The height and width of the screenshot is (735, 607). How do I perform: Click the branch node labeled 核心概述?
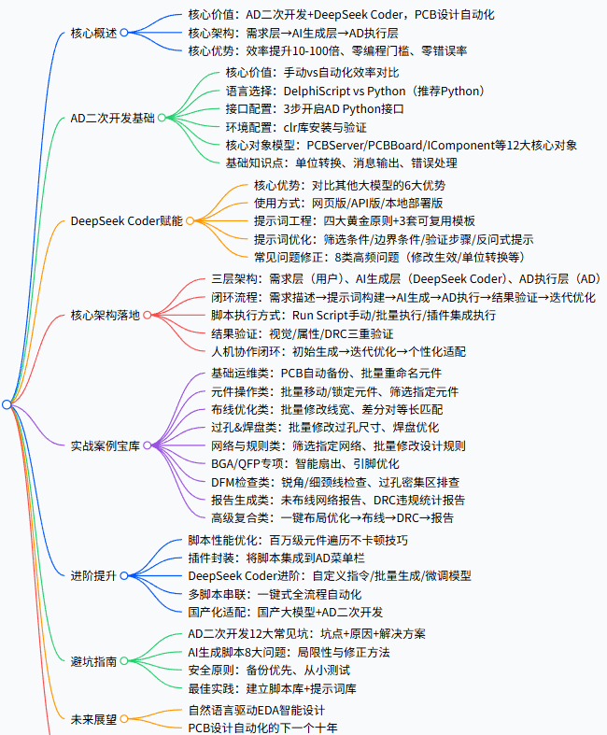pos(94,33)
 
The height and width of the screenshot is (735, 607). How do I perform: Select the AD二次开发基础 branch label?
pos(113,118)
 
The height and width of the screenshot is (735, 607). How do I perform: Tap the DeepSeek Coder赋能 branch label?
pos(126,221)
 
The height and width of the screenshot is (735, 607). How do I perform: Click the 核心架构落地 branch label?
pos(106,315)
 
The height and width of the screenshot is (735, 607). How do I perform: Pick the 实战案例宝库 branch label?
pos(106,445)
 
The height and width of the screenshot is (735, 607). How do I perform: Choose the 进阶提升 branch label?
pos(94,575)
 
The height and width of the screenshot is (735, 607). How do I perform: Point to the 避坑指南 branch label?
pos(94,660)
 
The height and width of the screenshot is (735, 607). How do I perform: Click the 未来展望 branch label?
pos(94,719)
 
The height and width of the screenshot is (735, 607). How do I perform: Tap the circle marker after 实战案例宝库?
pos(149,445)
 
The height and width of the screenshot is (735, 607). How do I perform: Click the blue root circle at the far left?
pos(7,403)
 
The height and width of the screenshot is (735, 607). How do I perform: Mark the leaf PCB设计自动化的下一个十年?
pos(262,728)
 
